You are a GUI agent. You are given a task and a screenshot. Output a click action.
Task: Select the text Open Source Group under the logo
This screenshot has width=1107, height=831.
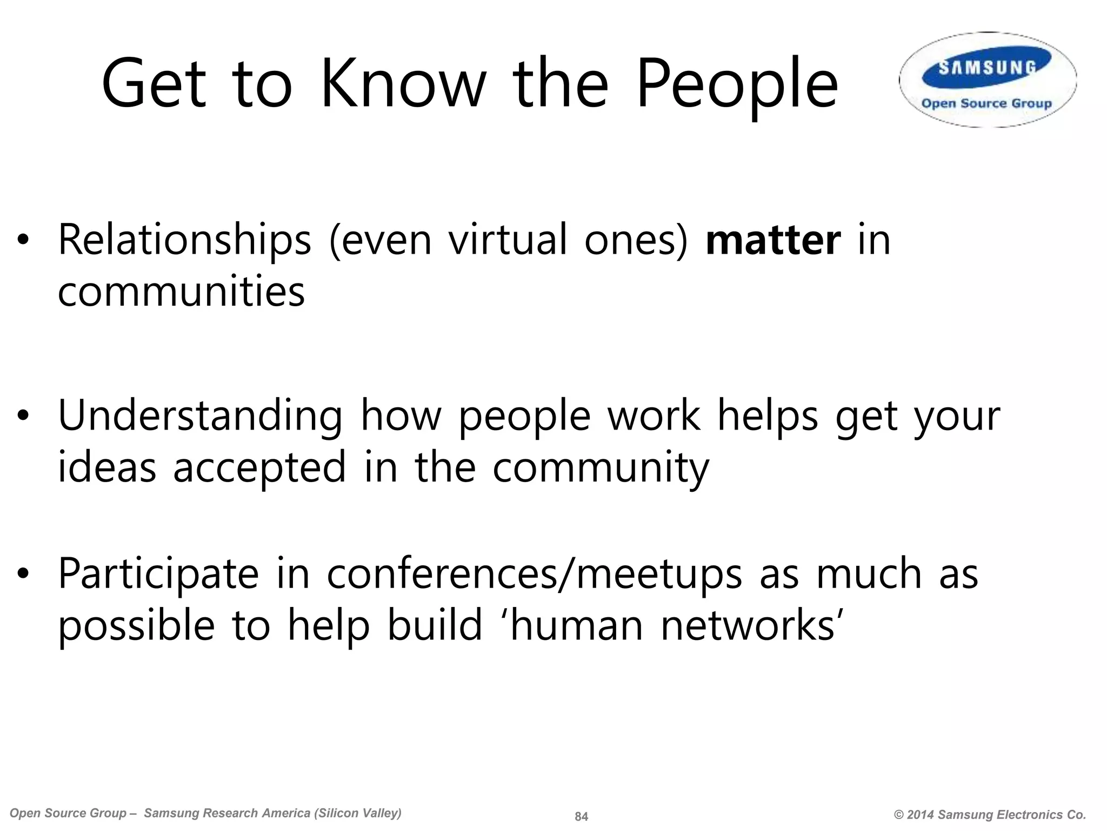point(987,103)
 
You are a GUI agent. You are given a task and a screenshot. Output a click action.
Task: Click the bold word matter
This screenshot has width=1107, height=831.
point(773,240)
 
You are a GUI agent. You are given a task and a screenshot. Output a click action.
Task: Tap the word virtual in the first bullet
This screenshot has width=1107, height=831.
point(508,240)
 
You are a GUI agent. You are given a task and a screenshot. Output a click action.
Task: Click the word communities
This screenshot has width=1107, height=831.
point(181,292)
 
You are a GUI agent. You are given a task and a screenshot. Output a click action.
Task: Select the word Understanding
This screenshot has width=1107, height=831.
point(200,417)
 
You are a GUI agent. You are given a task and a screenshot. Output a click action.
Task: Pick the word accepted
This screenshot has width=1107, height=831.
point(259,468)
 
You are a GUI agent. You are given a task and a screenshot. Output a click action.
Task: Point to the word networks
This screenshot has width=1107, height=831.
point(751,625)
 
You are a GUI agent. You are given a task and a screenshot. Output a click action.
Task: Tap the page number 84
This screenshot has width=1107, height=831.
point(581,816)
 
